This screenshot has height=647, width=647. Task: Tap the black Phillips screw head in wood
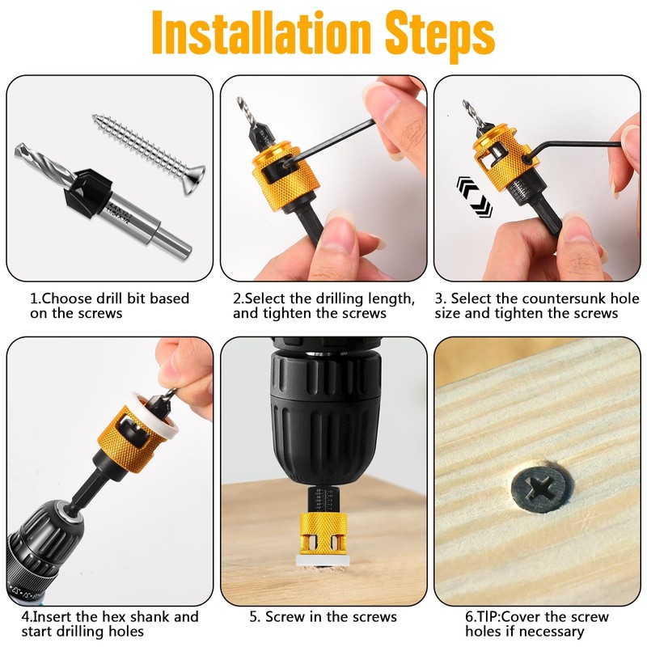(540, 490)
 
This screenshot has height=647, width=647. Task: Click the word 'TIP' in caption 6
(486, 617)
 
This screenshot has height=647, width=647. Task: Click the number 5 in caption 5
(253, 617)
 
